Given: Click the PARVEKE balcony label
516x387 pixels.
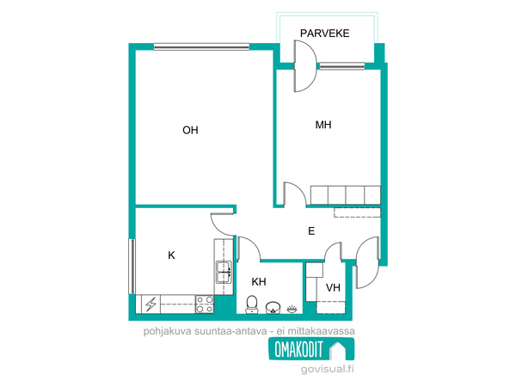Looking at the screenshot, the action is (x=324, y=34).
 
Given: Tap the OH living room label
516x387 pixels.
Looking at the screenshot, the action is (x=190, y=131).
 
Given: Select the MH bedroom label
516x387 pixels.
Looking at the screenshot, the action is (x=323, y=125).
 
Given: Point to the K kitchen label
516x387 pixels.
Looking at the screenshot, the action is (x=171, y=255).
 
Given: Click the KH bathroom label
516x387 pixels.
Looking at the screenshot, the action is (x=259, y=282).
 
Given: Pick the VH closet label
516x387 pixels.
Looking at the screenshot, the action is (x=333, y=288).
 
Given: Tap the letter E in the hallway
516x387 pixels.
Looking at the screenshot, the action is (x=311, y=231).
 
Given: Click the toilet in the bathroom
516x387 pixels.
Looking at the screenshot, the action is (x=252, y=304).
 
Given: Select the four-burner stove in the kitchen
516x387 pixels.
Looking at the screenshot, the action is (x=205, y=304).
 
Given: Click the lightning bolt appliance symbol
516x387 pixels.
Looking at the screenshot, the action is (x=151, y=304).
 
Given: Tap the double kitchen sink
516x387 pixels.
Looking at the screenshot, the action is (x=224, y=272).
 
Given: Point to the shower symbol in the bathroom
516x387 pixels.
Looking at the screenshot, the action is (x=292, y=310).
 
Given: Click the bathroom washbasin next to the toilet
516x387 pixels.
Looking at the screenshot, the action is (x=273, y=308).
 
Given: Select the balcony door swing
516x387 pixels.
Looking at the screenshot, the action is (x=305, y=66).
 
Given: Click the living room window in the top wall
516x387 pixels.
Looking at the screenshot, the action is (x=201, y=46).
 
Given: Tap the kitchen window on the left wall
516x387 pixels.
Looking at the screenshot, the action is (x=132, y=267).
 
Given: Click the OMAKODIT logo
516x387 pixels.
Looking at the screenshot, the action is (x=311, y=349).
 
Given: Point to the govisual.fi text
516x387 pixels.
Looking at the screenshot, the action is (x=327, y=369).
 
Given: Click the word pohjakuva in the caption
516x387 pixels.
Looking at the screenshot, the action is (x=167, y=331).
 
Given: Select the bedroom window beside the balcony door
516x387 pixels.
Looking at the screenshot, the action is (x=342, y=66).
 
